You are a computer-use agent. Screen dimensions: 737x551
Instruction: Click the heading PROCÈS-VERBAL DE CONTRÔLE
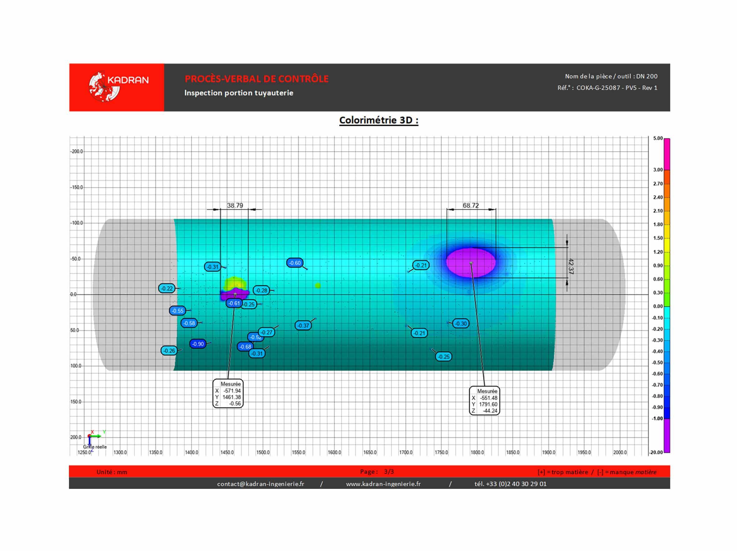coord(256,79)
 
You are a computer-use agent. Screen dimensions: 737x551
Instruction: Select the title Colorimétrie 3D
coord(378,120)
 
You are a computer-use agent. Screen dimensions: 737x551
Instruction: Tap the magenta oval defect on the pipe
coord(471,263)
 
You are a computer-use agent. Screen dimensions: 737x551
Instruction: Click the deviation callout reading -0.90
coord(198,344)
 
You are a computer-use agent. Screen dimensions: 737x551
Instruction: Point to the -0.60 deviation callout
coord(295,263)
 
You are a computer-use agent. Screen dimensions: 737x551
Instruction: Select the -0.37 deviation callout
coord(303,325)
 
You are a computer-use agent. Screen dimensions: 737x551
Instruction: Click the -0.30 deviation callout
coord(461,323)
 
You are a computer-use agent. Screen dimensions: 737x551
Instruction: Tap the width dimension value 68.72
coord(471,205)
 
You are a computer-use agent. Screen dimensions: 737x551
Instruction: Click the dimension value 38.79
coord(235,205)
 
